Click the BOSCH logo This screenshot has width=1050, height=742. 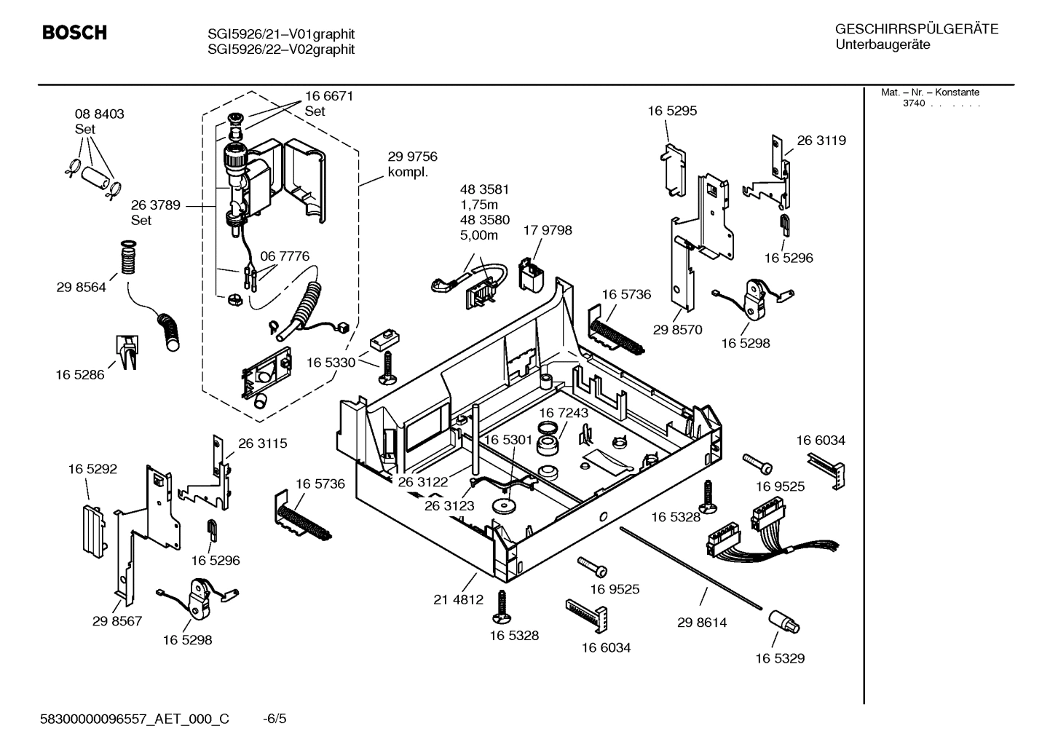click(x=74, y=33)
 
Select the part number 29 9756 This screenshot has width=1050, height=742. click(x=412, y=157)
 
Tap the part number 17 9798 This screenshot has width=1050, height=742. click(x=548, y=230)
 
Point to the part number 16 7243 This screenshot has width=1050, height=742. click(x=564, y=413)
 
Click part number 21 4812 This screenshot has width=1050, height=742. click(x=458, y=599)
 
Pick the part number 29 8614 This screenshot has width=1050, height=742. click(x=701, y=623)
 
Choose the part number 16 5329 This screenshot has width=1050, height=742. click(x=779, y=658)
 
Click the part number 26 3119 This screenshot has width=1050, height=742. click(x=821, y=141)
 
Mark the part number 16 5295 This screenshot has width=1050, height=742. click(x=672, y=111)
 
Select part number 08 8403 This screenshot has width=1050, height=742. click(x=99, y=114)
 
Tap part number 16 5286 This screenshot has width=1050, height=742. click(x=79, y=374)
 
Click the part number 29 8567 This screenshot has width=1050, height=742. click(x=117, y=621)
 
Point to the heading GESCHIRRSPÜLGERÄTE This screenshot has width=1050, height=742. click(x=916, y=30)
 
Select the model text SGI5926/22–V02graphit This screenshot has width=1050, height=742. click(x=281, y=50)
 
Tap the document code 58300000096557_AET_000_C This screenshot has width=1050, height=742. click(x=134, y=719)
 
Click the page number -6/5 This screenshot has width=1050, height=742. click(x=275, y=719)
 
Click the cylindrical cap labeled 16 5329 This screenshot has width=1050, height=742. click(x=783, y=622)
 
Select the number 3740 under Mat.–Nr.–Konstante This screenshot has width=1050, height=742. click(x=913, y=103)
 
